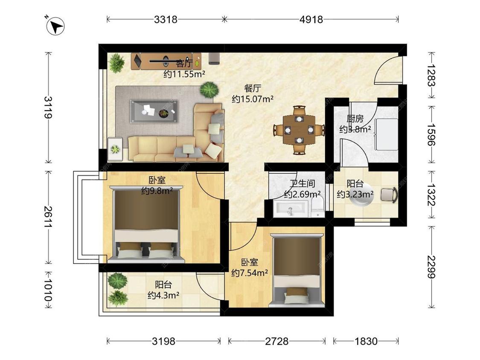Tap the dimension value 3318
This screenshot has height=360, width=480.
(x=166, y=20)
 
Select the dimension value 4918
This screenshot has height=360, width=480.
(x=311, y=20)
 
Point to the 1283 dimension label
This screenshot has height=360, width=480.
(x=431, y=75)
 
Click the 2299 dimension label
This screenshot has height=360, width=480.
(x=431, y=267)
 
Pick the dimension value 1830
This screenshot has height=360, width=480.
(x=366, y=341)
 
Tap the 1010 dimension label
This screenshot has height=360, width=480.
(x=48, y=289)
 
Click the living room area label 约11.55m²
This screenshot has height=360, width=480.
(x=184, y=74)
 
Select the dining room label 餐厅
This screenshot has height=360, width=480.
(x=253, y=88)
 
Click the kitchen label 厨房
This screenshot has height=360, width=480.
(x=355, y=119)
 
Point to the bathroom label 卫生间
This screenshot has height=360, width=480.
(x=302, y=183)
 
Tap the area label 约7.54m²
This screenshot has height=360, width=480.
(x=250, y=273)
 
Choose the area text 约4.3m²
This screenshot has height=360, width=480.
(x=163, y=295)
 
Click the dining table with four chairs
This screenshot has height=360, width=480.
(x=299, y=130)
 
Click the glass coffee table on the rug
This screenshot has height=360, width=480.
(x=154, y=111)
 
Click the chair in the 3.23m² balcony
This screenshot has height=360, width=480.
(x=389, y=195)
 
